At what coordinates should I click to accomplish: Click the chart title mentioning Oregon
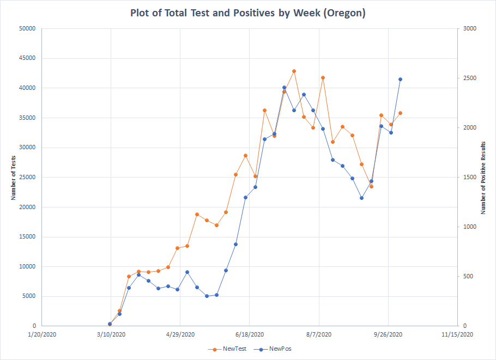coord(247,13)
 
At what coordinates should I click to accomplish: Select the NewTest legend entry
coord(232,349)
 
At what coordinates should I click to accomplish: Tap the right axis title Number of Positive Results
coord(483,178)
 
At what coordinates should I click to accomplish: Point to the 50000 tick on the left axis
coord(27,28)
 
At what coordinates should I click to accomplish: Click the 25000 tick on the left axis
coord(27,177)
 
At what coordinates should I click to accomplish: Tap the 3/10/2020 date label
coord(111,334)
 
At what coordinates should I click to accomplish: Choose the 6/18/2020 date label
coord(250,334)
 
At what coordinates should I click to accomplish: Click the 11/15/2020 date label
coord(457,334)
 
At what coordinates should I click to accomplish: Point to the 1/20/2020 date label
coord(42,334)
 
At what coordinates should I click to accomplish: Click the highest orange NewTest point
coord(294,71)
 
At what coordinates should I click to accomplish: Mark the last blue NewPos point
coord(400,79)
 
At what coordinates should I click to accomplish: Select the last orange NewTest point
coord(400,113)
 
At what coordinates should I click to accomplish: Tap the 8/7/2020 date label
coord(319,334)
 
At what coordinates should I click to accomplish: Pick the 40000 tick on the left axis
coord(27,88)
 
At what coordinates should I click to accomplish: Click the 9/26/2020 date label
coord(388,334)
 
